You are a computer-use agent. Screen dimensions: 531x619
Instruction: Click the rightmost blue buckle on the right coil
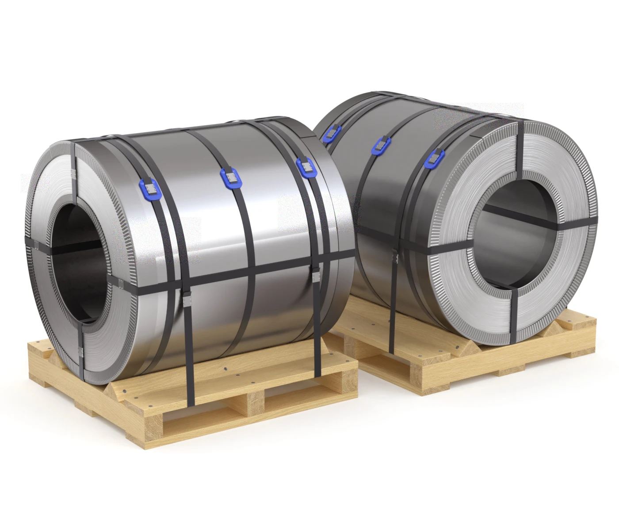435,159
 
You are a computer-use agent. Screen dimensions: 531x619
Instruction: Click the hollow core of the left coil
79,261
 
